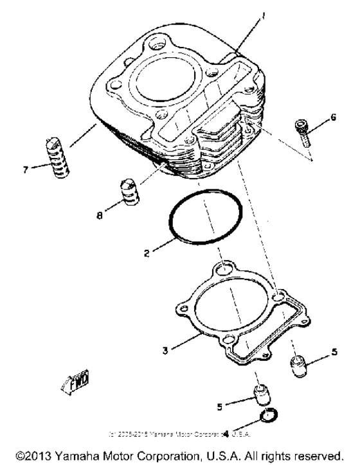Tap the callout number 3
coord(165,351)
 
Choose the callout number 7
coord(25,170)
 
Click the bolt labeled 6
coord(303,131)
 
